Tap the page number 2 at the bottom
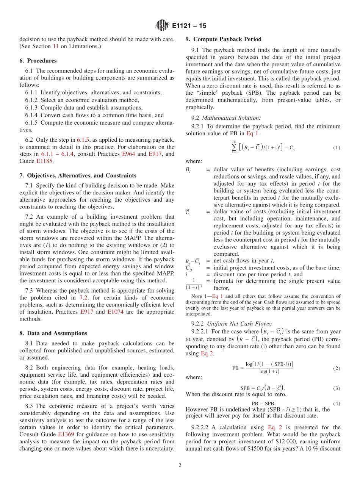tap(180, 465)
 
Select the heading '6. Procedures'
tap(38, 61)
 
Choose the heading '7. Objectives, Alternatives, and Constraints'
tap(78, 175)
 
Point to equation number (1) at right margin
tap(337, 147)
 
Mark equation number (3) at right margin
tap(337, 388)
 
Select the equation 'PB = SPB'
tap(263, 404)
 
